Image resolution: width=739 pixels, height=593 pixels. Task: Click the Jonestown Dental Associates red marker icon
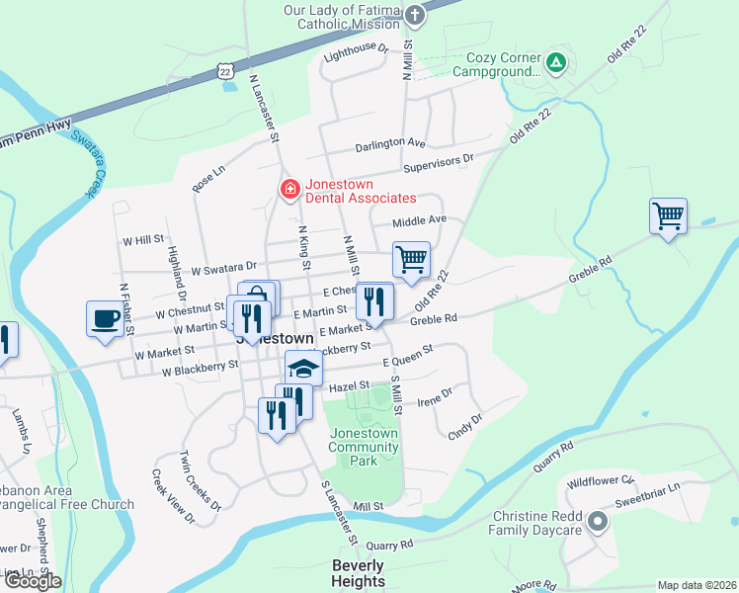289,189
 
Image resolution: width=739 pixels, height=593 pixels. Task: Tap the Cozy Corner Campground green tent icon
556,63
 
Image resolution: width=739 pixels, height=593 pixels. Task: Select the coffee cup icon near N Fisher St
106,318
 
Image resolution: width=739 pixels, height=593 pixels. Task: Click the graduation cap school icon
304,368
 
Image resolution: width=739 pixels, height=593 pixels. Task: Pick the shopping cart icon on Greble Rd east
669,215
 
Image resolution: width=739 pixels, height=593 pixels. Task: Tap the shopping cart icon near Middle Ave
411,260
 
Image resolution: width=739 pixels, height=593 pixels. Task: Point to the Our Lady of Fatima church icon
416,15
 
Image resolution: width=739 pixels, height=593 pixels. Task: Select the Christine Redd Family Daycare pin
596,522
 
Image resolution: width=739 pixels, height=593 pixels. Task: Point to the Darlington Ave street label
391,143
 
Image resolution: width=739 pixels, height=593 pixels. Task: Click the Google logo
32,580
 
